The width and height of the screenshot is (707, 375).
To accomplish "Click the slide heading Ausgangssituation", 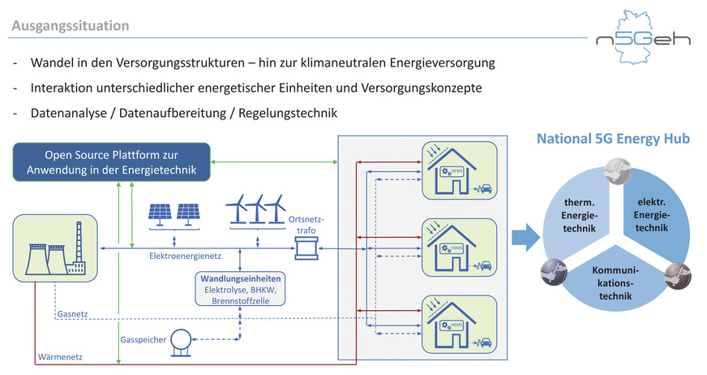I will pyautogui.click(x=70, y=26).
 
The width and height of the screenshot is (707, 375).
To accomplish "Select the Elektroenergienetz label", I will pyautogui.click(x=186, y=256).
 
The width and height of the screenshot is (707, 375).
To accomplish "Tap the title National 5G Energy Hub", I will pyautogui.click(x=613, y=140).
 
